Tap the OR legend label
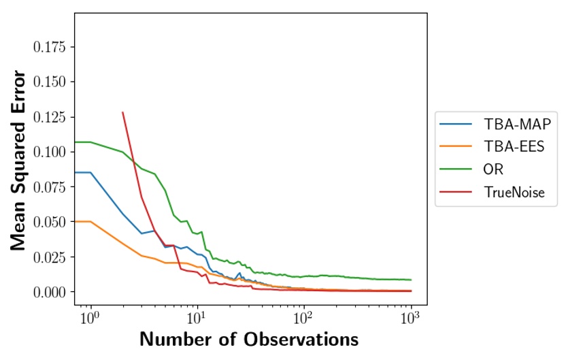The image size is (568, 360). pyautogui.click(x=494, y=169)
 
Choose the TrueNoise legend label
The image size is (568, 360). pyautogui.click(x=514, y=192)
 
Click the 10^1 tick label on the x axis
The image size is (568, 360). pyautogui.click(x=197, y=316)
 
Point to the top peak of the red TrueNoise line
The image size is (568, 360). pyautogui.click(x=122, y=112)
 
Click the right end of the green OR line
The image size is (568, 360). pyautogui.click(x=411, y=280)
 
